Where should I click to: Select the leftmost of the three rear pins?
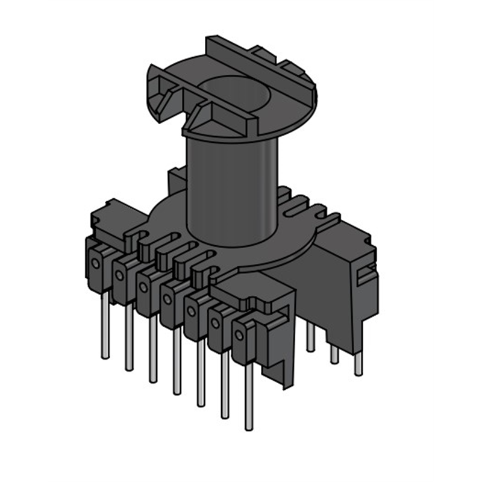[x=310, y=337]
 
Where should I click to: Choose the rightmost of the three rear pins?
[x=358, y=364]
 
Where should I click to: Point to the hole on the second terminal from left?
[x=120, y=275]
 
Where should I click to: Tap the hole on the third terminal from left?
[x=143, y=287]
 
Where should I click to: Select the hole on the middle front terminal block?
[x=167, y=299]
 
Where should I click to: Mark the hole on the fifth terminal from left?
[x=192, y=311]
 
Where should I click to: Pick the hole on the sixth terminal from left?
[x=215, y=324]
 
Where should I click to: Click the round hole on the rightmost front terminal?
[x=239, y=336]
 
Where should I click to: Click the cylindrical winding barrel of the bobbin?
[x=232, y=187]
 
